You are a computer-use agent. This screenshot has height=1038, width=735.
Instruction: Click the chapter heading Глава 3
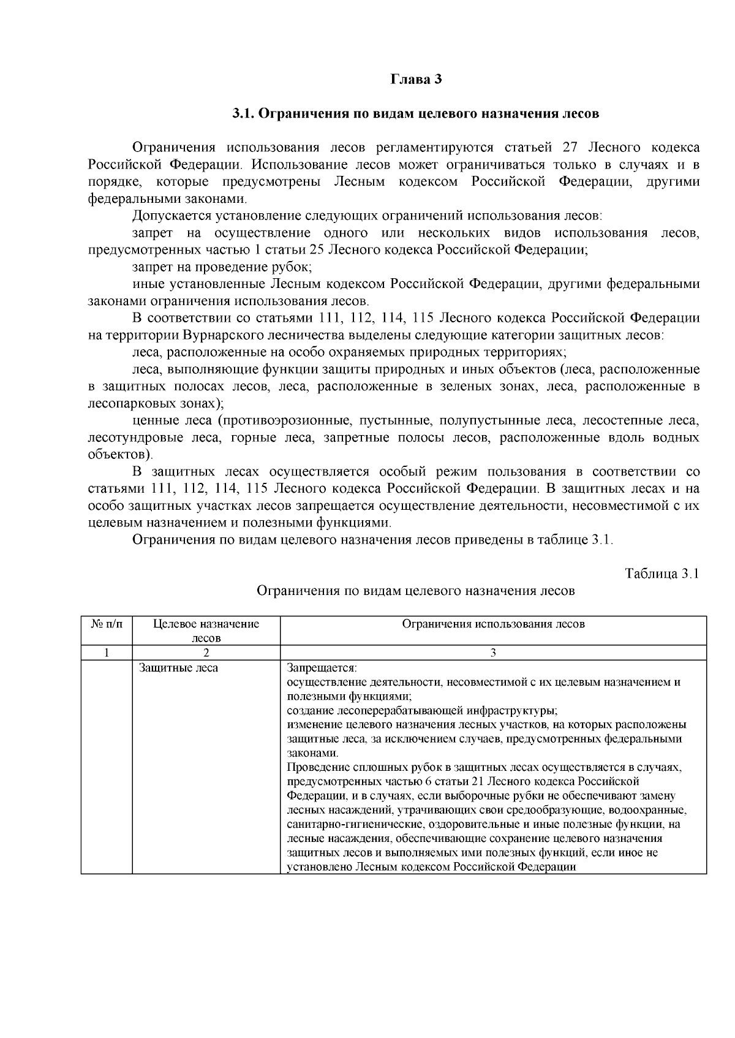[416, 80]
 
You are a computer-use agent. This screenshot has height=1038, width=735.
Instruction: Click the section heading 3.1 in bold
[415, 114]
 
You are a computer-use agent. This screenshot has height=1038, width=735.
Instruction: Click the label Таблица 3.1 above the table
[661, 574]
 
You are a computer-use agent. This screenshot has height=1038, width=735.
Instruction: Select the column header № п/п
[107, 624]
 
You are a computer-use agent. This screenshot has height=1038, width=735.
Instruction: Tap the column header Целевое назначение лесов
[206, 631]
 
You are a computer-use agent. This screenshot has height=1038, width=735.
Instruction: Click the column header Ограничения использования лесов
[493, 624]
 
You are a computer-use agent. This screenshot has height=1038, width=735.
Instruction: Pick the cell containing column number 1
[107, 653]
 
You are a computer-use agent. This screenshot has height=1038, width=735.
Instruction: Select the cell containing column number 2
[206, 653]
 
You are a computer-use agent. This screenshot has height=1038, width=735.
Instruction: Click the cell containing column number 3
[493, 653]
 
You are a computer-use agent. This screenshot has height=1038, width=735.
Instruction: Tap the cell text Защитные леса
[178, 668]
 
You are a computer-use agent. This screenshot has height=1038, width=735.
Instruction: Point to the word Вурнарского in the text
[224, 336]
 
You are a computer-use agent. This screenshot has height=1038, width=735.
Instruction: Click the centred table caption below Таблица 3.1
[415, 591]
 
